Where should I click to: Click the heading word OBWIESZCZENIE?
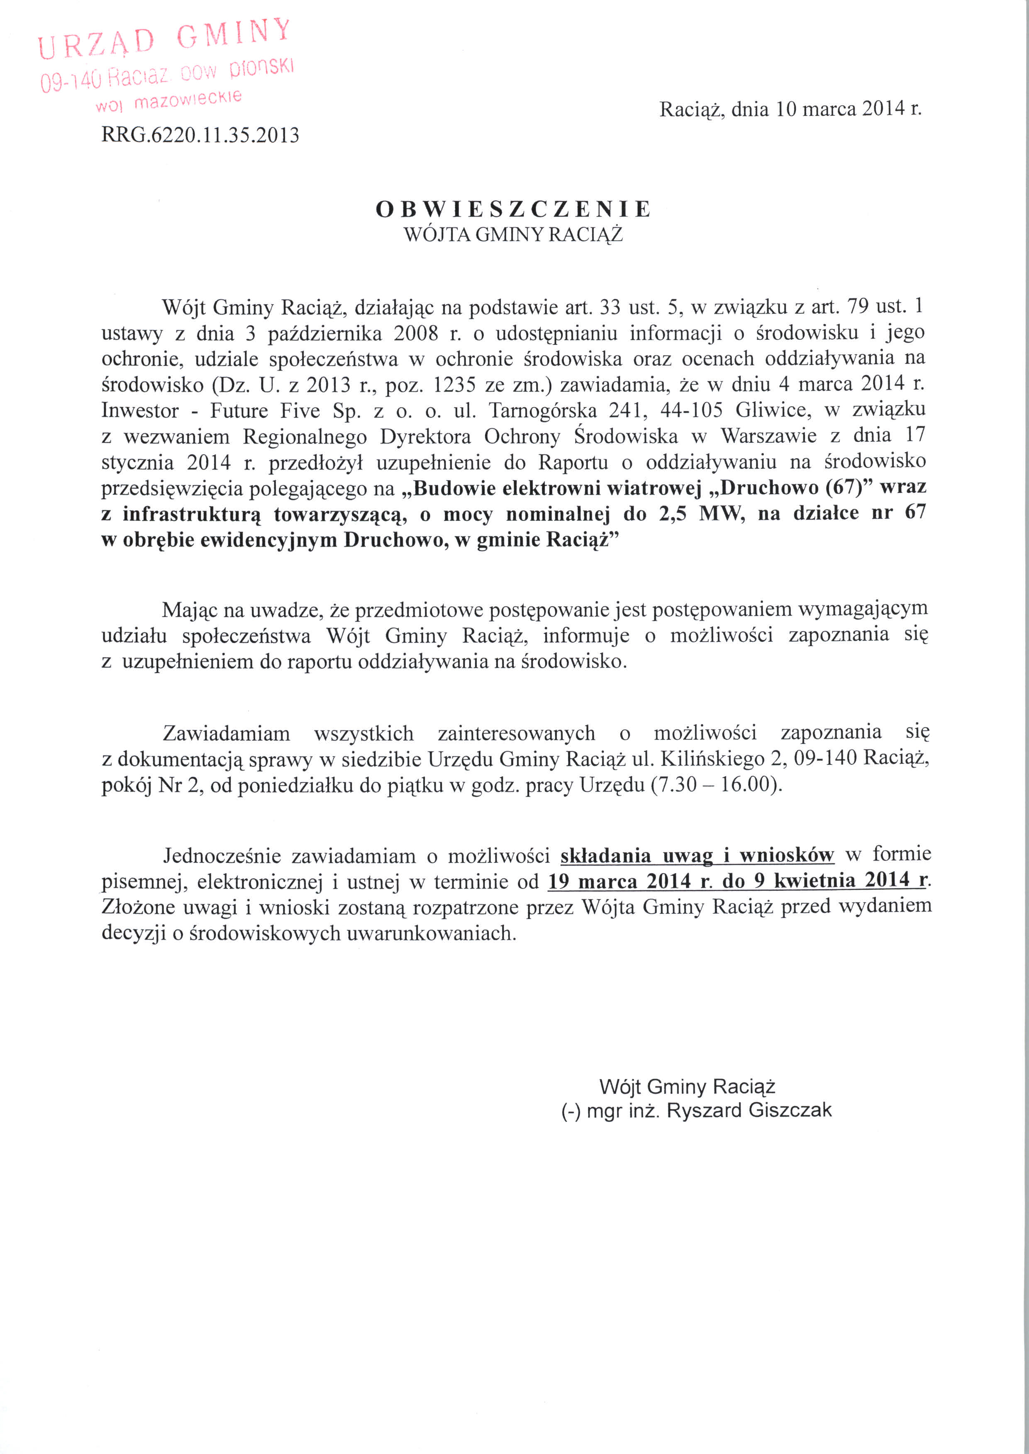point(513,209)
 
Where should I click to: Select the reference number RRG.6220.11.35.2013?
point(200,135)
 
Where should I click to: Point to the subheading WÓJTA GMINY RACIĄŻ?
point(513,235)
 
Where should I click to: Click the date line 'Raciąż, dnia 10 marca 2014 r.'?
point(790,109)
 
